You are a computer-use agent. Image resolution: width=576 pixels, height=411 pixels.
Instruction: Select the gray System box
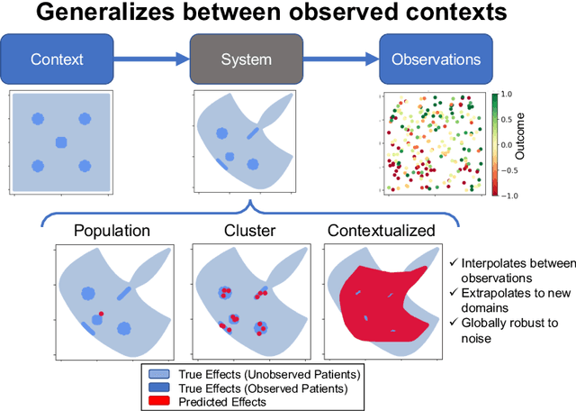(246, 59)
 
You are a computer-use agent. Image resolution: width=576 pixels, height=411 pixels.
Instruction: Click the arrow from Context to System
(153, 59)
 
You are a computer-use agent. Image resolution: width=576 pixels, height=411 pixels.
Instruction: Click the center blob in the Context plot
(61, 142)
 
